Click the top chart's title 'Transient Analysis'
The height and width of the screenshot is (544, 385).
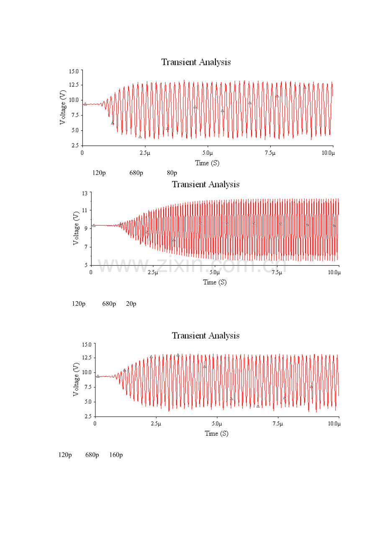(x=196, y=62)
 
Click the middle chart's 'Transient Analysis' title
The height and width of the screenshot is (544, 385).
(x=205, y=184)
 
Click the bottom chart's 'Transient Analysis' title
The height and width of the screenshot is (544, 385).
(x=205, y=336)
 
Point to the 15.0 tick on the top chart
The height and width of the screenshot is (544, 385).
(x=74, y=71)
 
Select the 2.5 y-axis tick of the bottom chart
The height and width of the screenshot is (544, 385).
(x=87, y=417)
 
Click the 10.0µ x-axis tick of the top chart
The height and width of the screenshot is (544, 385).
(x=328, y=153)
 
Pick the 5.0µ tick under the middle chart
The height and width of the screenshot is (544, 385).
(x=214, y=272)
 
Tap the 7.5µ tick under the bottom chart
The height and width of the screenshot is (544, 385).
(x=278, y=423)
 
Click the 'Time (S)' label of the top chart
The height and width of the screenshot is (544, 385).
(x=207, y=163)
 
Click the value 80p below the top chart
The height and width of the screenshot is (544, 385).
(x=172, y=173)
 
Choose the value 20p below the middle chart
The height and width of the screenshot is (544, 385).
(x=131, y=304)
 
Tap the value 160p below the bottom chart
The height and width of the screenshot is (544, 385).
(x=116, y=455)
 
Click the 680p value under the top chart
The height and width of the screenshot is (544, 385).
(x=136, y=173)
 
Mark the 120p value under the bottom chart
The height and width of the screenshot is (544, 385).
(x=65, y=455)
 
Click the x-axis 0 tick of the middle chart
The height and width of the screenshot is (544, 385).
(x=91, y=272)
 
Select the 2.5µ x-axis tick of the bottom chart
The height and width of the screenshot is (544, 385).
(x=156, y=423)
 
